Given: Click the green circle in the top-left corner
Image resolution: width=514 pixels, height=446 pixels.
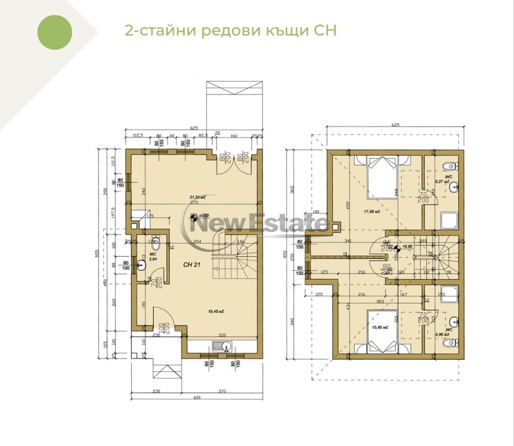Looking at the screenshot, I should tap(55, 32).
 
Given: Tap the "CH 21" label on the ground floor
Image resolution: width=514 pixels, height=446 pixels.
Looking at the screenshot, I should tap(192, 264).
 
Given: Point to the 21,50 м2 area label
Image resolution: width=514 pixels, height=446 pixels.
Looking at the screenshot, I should tap(198, 197).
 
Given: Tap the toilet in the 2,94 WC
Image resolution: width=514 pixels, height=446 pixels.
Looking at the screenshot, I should tap(156, 245).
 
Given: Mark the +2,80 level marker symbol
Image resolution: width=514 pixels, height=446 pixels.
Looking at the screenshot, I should tap(397, 247).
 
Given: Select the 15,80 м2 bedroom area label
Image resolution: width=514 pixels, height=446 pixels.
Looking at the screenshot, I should tap(379, 327).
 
